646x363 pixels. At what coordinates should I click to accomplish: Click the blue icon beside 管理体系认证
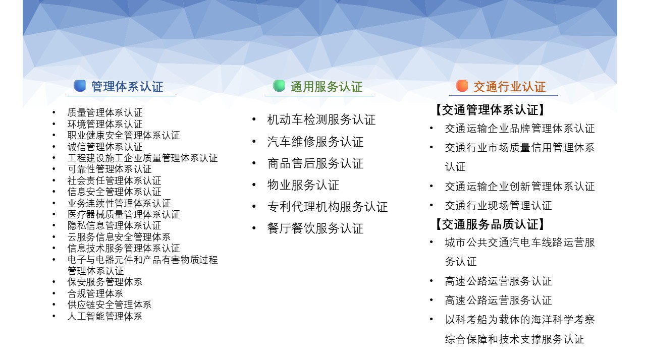pyautogui.click(x=80, y=86)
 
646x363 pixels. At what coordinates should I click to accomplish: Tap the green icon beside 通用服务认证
pyautogui.click(x=279, y=86)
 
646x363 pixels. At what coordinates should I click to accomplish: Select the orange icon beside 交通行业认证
pyautogui.click(x=462, y=86)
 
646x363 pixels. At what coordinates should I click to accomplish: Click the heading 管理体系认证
pyautogui.click(x=127, y=87)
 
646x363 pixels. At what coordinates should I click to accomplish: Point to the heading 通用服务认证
pyautogui.click(x=326, y=87)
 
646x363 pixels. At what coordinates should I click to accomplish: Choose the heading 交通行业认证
pyautogui.click(x=510, y=87)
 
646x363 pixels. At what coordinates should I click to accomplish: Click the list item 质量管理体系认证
pyautogui.click(x=105, y=112)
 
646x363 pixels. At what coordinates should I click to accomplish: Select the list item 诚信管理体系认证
pyautogui.click(x=105, y=147)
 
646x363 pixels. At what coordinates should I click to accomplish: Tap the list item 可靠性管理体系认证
pyautogui.click(x=110, y=169)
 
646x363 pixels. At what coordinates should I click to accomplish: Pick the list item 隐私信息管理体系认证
pyautogui.click(x=114, y=226)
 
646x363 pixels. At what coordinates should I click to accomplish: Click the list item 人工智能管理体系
pyautogui.click(x=104, y=316)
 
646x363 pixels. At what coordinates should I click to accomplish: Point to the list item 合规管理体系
pyautogui.click(x=95, y=293)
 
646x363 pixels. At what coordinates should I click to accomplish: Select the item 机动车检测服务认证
pyautogui.click(x=321, y=120)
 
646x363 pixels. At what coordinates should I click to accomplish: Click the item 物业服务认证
pyautogui.click(x=303, y=185)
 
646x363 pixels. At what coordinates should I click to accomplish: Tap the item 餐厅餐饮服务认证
pyautogui.click(x=315, y=228)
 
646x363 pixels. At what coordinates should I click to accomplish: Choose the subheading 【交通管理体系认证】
pyautogui.click(x=490, y=110)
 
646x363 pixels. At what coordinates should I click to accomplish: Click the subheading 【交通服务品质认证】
pyautogui.click(x=490, y=224)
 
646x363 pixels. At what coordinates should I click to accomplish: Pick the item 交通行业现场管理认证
pyautogui.click(x=498, y=206)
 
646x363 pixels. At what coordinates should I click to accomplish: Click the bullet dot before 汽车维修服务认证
pyautogui.click(x=254, y=141)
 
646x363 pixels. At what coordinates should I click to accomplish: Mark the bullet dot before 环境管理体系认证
pyautogui.click(x=54, y=124)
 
